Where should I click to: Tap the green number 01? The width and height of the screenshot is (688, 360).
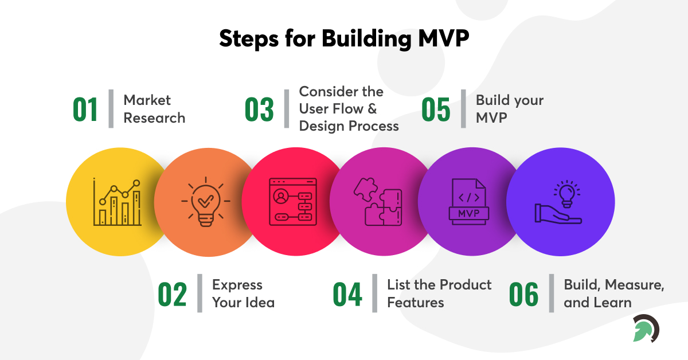pyautogui.click(x=85, y=109)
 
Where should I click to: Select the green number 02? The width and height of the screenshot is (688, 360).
pyautogui.click(x=173, y=294)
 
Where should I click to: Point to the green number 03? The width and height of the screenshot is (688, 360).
pyautogui.click(x=260, y=109)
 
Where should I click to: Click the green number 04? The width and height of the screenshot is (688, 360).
pyautogui.click(x=347, y=294)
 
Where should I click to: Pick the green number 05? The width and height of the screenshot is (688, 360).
pyautogui.click(x=436, y=109)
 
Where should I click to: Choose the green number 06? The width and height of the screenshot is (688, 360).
pyautogui.click(x=523, y=294)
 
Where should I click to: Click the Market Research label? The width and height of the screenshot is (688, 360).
pyautogui.click(x=154, y=109)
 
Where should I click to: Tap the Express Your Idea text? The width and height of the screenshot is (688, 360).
pyautogui.click(x=243, y=294)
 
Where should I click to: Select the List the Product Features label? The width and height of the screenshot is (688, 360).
pyautogui.click(x=439, y=294)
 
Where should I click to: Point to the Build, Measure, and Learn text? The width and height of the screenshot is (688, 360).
pyautogui.click(x=614, y=294)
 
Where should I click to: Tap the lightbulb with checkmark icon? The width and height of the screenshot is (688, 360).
pyautogui.click(x=205, y=202)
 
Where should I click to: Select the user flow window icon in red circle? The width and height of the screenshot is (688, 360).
pyautogui.click(x=293, y=202)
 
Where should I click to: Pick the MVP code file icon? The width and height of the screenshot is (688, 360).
pyautogui.click(x=468, y=202)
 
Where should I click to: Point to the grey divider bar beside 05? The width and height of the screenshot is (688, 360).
pyautogui.click(x=463, y=109)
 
